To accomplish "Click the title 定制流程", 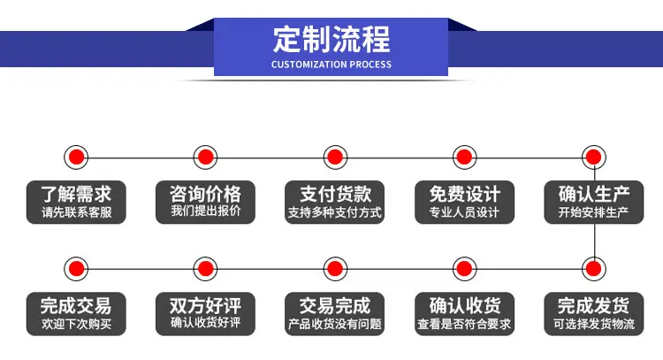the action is tap(331, 39).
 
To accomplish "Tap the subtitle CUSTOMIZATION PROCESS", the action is tap(331, 65).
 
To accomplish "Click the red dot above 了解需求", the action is tap(76, 157).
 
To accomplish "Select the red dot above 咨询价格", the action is tap(205, 157).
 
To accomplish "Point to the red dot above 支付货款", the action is tap(335, 157).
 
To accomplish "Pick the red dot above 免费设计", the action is tap(464, 157).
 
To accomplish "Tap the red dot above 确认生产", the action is tap(594, 157).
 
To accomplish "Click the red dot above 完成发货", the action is tap(594, 269).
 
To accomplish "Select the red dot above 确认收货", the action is tap(464, 269).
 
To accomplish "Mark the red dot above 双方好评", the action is tap(205, 269).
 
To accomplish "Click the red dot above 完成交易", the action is tap(76, 269).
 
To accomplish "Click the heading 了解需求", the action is tap(76, 195).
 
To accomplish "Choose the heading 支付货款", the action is tap(335, 195).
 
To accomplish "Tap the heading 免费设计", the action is tap(465, 195).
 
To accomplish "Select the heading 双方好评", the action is tap(205, 305).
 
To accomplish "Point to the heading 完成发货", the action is tap(594, 305).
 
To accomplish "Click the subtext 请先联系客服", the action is tap(77, 212).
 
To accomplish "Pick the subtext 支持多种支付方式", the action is tap(335, 212).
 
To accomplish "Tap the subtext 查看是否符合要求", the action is tap(464, 324).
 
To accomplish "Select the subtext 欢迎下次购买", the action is tap(77, 324).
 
